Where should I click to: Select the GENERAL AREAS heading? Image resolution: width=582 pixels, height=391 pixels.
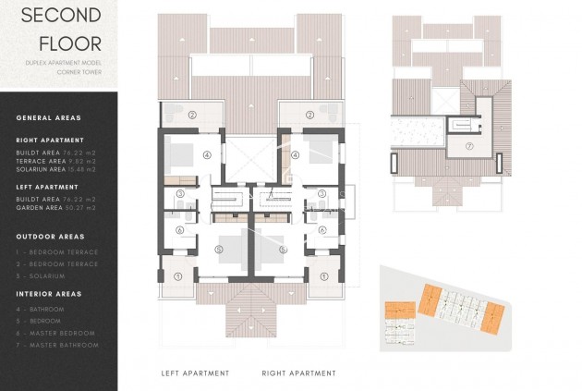tap(48, 117)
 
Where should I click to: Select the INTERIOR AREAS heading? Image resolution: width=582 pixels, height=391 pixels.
tap(50, 293)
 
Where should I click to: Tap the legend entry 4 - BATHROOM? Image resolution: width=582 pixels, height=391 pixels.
tap(41, 309)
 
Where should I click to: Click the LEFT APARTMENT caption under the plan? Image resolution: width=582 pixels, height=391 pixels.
tap(195, 373)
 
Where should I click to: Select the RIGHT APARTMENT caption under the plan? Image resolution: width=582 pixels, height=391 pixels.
tap(298, 373)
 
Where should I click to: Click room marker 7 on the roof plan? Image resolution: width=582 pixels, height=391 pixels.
tap(469, 146)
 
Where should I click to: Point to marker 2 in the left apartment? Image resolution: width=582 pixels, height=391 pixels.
tap(193, 116)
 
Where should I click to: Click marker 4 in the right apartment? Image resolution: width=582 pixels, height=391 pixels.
tap(296, 155)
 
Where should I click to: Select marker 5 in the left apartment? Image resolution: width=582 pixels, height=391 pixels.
tap(220, 250)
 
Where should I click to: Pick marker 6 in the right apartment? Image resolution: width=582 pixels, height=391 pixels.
tap(323, 231)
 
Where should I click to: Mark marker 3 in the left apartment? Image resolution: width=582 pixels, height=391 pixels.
tap(181, 194)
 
